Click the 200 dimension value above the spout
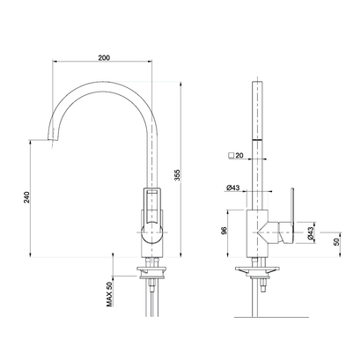pos(104,57)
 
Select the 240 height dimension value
pos(27,200)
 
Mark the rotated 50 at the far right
pos(336,239)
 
